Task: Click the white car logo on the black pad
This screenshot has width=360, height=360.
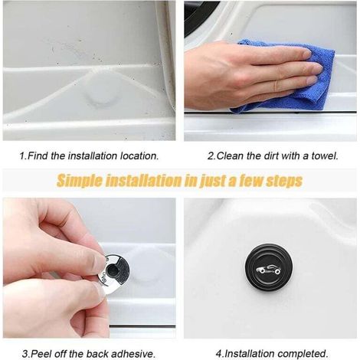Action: [x=269, y=270]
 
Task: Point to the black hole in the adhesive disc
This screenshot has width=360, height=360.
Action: [x=113, y=269]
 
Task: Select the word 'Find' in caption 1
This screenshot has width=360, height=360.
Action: [x=38, y=155]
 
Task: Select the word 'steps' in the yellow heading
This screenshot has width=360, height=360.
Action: [x=284, y=181]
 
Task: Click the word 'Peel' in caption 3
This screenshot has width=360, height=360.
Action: [x=41, y=354]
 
